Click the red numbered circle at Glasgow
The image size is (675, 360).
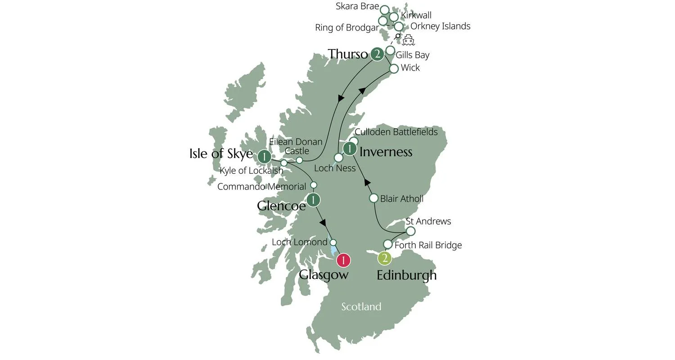343,260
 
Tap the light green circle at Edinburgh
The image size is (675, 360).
384,258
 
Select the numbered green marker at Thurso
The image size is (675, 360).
377,54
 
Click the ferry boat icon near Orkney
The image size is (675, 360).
408,40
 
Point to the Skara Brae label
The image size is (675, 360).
357,6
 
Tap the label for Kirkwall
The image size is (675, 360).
416,15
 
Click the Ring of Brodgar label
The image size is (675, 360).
346,28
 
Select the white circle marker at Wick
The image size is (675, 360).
394,69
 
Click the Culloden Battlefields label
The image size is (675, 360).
396,132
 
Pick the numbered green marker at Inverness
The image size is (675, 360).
350,148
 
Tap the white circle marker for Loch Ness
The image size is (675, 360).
338,157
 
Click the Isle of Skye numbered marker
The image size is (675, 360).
264,157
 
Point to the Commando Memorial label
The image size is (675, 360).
261,186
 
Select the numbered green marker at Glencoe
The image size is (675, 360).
313,199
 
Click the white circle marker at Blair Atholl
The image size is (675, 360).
373,198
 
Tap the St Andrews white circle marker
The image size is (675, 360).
410,231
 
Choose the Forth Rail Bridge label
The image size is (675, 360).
428,245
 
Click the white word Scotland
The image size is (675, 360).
361,307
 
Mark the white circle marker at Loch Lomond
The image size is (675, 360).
333,243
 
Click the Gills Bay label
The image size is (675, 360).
412,55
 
